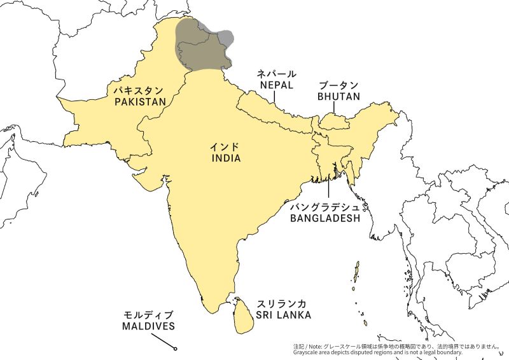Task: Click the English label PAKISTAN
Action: (140, 101)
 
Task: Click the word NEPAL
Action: (275, 85)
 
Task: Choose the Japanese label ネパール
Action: (275, 73)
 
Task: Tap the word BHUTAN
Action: (339, 97)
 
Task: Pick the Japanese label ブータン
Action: (339, 85)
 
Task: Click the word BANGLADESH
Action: (324, 218)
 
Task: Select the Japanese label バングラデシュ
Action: (324, 207)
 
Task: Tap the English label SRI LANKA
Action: (284, 315)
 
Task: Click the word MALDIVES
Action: (148, 326)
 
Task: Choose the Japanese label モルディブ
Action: (148, 315)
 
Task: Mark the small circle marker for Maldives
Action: (174, 348)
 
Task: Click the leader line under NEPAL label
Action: (275, 97)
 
